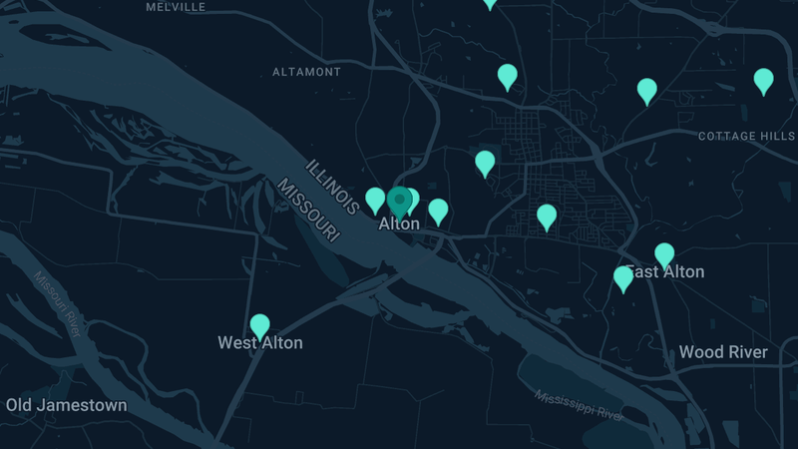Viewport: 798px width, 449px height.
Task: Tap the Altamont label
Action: tap(306, 72)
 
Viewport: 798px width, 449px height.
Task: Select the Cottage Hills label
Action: tap(746, 136)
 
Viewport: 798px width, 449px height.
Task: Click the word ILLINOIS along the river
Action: tap(333, 187)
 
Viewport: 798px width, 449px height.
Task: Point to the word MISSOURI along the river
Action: tap(308, 211)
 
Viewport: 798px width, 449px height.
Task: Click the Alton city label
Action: tap(399, 224)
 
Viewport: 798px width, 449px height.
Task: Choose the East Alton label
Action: tap(666, 271)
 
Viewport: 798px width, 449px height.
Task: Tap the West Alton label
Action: tap(260, 342)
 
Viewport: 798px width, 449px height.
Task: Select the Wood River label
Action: tap(723, 352)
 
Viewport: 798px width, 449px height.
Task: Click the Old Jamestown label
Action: tap(67, 405)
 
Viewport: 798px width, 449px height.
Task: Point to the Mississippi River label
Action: tap(580, 403)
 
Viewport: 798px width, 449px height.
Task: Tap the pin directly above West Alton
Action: tap(259, 325)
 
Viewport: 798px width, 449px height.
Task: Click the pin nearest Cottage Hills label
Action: tap(763, 80)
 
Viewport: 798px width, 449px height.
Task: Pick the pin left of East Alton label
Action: tap(623, 277)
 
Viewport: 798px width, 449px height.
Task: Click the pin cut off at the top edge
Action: tap(489, 3)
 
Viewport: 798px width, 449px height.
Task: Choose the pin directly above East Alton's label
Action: tap(664, 254)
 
